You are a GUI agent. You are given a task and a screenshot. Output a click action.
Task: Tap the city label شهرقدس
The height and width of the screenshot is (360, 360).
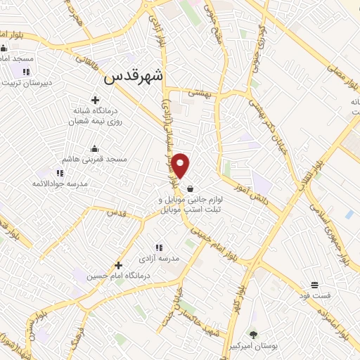pyautogui.click(x=133, y=79)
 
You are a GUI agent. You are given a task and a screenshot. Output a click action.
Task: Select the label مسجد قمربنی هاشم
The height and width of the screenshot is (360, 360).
pyautogui.click(x=94, y=160)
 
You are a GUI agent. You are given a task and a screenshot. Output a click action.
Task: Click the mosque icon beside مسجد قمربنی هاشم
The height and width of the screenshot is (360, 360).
pyautogui.click(x=94, y=148)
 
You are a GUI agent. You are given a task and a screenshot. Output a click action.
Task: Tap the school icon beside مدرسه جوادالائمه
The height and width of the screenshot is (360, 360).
pyautogui.click(x=59, y=172)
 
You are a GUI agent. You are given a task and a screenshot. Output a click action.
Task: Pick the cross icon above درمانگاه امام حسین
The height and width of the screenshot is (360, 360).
pyautogui.click(x=118, y=265)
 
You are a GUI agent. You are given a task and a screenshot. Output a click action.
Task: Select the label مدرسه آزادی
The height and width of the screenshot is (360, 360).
pyautogui.click(x=159, y=258)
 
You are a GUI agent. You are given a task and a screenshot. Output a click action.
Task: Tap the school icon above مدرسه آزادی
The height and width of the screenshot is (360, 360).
pyautogui.click(x=159, y=247)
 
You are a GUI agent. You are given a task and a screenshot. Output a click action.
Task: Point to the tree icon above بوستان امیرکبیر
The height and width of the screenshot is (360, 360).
pyautogui.click(x=254, y=334)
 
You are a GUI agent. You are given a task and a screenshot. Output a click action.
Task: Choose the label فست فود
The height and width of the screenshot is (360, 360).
pyautogui.click(x=316, y=296)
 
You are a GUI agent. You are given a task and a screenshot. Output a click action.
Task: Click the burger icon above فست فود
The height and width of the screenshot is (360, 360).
pyautogui.click(x=316, y=285)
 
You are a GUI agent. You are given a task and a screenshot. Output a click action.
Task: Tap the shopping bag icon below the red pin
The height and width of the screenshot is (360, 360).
pyautogui.click(x=191, y=188)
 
